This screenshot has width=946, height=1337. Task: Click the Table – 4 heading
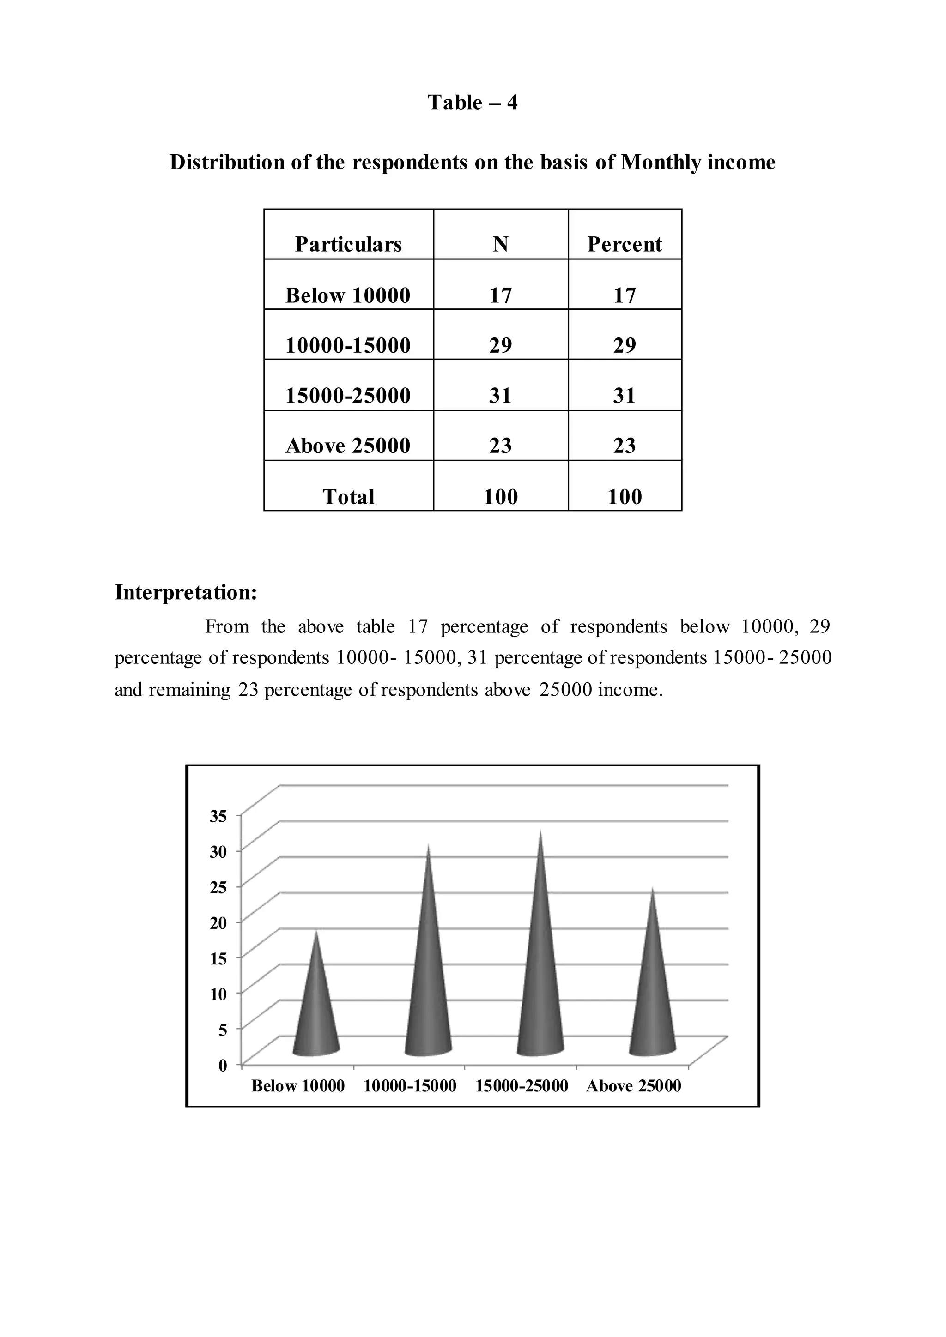[x=473, y=102]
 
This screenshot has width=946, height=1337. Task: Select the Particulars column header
[x=348, y=244]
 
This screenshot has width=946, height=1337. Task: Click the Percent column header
[x=625, y=244]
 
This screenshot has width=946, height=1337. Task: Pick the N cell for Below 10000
[x=500, y=295]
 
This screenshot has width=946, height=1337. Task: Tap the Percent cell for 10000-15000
[x=625, y=345]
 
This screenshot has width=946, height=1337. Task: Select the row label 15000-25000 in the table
[x=348, y=395]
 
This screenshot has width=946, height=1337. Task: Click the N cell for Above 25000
[x=500, y=446]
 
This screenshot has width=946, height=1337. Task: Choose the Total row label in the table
[x=348, y=497]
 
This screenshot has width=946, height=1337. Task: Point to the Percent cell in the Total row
[x=625, y=497]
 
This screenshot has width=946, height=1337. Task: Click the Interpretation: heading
[x=186, y=592]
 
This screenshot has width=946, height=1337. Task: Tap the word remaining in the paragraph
[x=190, y=690]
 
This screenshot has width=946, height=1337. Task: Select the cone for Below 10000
[x=316, y=1007]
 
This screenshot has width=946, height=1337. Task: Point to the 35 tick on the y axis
[x=218, y=816]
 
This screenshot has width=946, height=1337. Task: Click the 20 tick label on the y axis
[x=218, y=923]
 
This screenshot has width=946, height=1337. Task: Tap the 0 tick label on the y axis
[x=222, y=1066]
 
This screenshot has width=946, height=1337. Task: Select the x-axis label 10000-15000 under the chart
[x=410, y=1086]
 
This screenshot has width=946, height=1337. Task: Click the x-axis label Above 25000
[x=634, y=1086]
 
